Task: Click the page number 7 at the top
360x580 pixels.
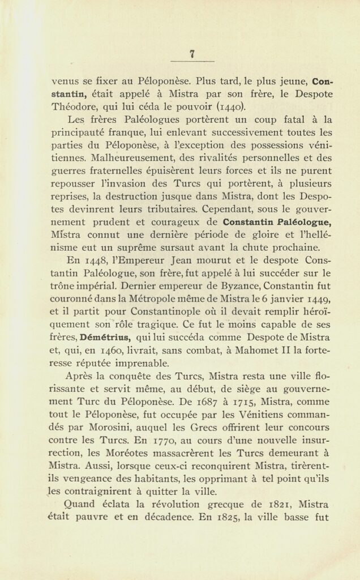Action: (192, 54)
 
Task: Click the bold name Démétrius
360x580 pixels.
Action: (104, 337)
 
